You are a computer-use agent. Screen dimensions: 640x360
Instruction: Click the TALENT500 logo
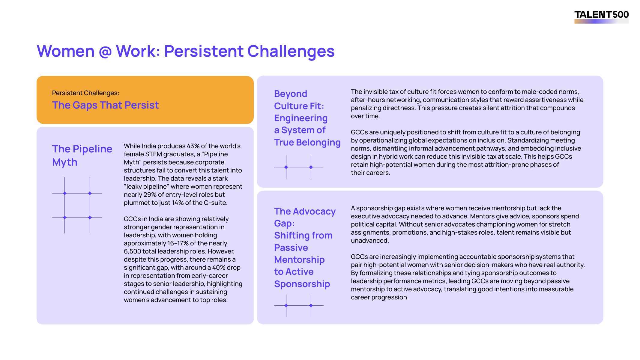pyautogui.click(x=601, y=17)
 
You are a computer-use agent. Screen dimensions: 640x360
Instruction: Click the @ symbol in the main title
pyautogui.click(x=105, y=52)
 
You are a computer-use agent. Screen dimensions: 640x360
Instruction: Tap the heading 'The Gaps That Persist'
pyautogui.click(x=105, y=105)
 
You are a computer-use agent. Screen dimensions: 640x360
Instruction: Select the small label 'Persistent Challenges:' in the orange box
pyautogui.click(x=85, y=93)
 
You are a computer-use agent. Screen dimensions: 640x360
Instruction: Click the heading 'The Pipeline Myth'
pyautogui.click(x=82, y=155)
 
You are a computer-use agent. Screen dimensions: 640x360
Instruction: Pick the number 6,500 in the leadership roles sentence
pyautogui.click(x=132, y=251)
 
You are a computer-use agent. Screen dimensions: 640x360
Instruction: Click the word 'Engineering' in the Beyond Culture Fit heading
pyautogui.click(x=301, y=118)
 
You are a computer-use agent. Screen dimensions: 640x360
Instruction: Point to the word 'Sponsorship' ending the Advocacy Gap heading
pyautogui.click(x=302, y=284)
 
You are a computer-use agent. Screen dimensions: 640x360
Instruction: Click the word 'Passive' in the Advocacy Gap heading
pyautogui.click(x=291, y=247)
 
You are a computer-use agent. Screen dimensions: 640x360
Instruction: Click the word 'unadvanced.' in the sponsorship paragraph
pyautogui.click(x=370, y=241)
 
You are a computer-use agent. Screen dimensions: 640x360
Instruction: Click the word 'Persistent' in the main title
pyautogui.click(x=204, y=51)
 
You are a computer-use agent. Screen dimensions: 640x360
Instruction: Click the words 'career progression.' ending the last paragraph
pyautogui.click(x=380, y=297)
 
